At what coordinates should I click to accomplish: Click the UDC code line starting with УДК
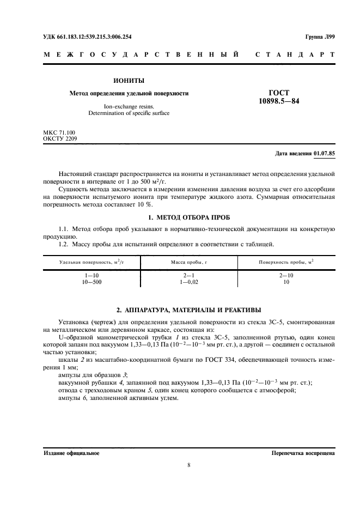click(x=87, y=37)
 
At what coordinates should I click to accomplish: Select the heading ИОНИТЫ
click(x=129, y=81)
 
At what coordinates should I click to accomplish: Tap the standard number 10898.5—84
click(x=278, y=101)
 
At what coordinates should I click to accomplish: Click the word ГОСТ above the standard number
click(x=278, y=93)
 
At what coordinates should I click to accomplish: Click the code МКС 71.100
click(x=59, y=132)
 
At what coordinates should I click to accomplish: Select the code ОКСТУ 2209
click(x=60, y=139)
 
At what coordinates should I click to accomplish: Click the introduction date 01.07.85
click(x=325, y=154)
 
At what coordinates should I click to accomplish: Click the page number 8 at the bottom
click(x=188, y=465)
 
